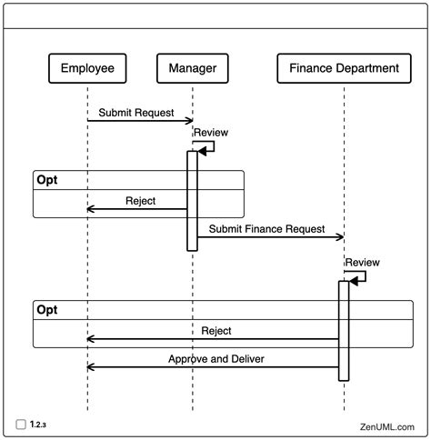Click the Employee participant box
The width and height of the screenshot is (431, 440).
86,68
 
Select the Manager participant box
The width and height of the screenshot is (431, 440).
192,68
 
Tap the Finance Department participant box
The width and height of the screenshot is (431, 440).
344,68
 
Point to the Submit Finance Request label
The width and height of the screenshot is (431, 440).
266,229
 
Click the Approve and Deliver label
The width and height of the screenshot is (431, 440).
216,359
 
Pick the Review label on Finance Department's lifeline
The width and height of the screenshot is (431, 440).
361,262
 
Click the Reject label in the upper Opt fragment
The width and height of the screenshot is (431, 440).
140,201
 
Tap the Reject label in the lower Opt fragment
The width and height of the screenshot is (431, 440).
216,331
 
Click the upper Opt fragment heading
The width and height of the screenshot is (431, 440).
46,180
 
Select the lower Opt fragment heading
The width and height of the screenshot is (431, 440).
46,310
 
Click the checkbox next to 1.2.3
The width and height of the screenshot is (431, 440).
20,424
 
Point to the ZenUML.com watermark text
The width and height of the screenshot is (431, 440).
386,425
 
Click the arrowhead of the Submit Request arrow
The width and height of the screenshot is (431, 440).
189,121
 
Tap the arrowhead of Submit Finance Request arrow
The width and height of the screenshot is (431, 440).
341,237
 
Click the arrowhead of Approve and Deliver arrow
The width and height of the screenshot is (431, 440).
91,367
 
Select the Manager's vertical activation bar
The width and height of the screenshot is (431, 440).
192,200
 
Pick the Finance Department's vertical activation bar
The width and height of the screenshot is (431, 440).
344,330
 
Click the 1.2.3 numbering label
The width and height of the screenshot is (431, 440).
38,424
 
